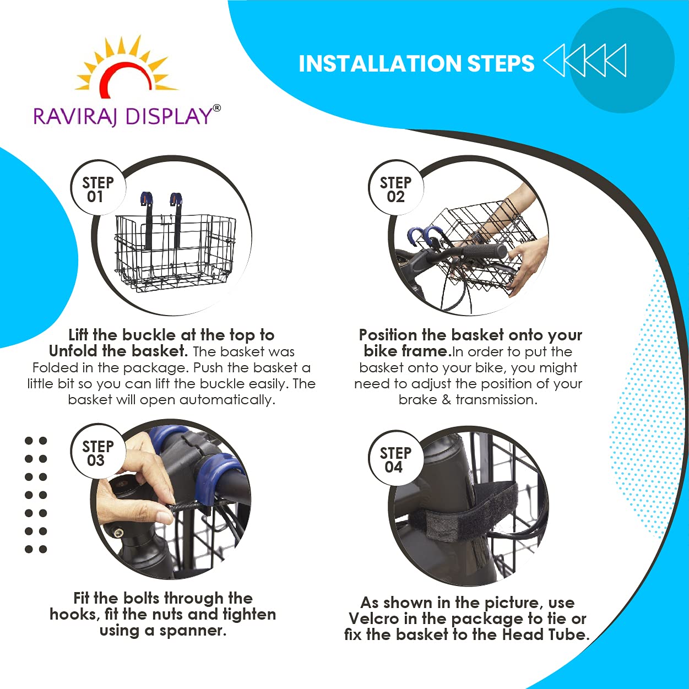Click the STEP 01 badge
(x=98, y=189)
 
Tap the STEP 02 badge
(x=395, y=189)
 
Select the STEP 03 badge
(x=98, y=453)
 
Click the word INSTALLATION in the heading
(x=380, y=64)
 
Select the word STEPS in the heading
(x=501, y=64)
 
